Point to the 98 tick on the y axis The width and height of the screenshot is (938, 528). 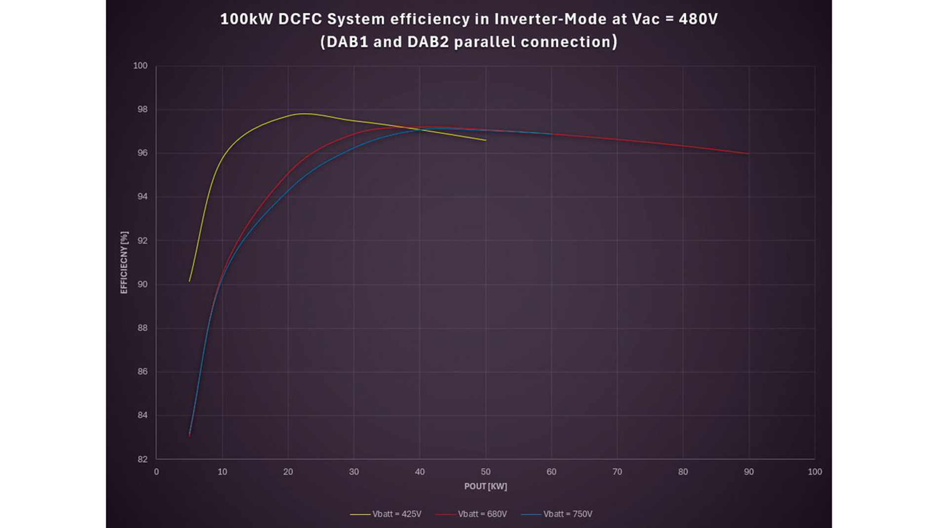(142, 110)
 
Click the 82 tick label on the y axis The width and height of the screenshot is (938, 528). (142, 459)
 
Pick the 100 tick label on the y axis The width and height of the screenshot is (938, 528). (140, 66)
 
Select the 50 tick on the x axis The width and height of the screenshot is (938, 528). (485, 472)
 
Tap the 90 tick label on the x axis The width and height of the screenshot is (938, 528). (748, 472)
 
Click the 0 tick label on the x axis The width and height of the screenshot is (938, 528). (156, 472)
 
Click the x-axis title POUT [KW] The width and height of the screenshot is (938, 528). (485, 487)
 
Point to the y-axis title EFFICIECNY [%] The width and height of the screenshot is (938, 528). (124, 262)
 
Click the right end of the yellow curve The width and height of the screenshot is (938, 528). (486, 140)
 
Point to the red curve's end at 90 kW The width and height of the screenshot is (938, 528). (749, 154)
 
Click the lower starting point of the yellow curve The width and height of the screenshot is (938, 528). (190, 281)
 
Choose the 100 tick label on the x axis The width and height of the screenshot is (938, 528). (815, 472)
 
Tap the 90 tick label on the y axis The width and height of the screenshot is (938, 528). (142, 284)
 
